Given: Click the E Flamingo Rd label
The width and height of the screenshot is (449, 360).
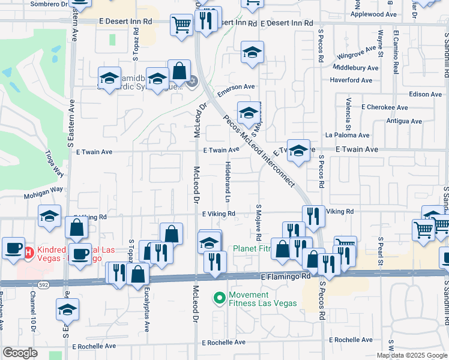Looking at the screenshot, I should pyautogui.click(x=286, y=277).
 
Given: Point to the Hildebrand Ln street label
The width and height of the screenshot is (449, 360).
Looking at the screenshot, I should pyautogui.click(x=228, y=181).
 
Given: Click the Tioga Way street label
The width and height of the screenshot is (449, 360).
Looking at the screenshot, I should pyautogui.click(x=55, y=163).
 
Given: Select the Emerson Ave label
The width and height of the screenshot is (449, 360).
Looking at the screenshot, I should pyautogui.click(x=236, y=88).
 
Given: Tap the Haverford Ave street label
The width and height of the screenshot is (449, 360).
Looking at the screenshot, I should pyautogui.click(x=351, y=80).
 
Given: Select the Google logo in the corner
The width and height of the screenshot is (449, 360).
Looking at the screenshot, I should pyautogui.click(x=20, y=353).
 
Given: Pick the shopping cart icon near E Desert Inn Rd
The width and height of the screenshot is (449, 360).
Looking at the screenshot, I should pyautogui.click(x=181, y=25).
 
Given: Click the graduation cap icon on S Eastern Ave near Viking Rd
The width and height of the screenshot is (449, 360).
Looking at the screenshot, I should pyautogui.click(x=49, y=216).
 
